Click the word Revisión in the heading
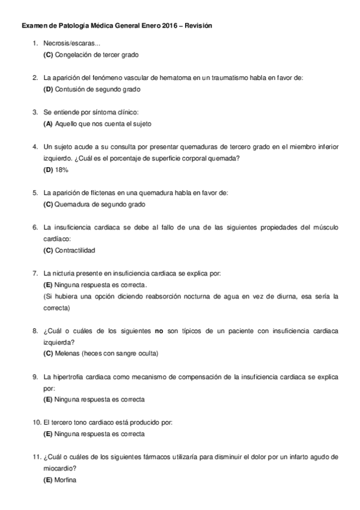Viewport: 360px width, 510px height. (198, 26)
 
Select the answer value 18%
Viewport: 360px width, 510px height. (62, 170)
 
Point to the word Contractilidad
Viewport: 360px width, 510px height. (75, 250)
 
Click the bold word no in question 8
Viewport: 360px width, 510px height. (159, 331)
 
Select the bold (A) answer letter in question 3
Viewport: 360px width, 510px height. (48, 124)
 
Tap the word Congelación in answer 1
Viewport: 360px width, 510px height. (73, 55)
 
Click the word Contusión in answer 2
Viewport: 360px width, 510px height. (70, 89)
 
